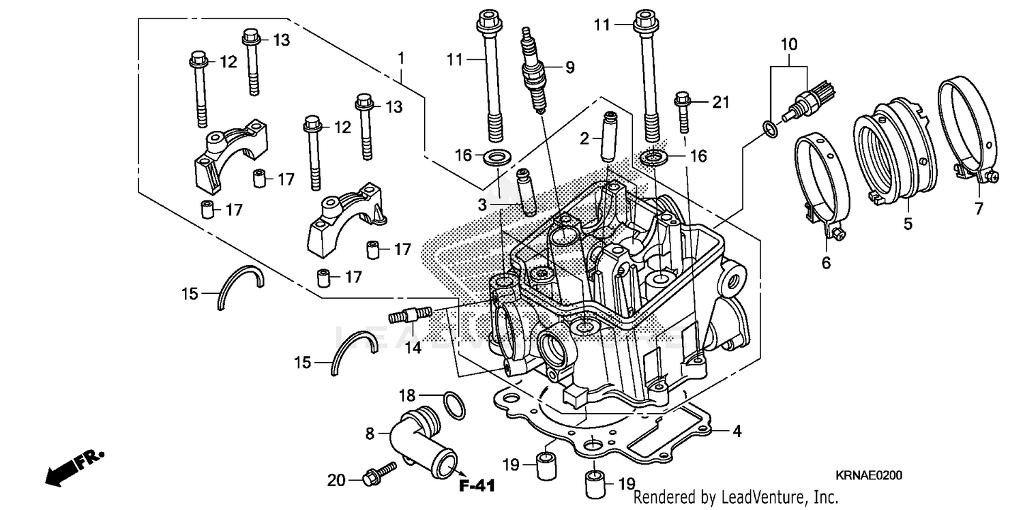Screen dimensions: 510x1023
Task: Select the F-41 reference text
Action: click(x=477, y=486)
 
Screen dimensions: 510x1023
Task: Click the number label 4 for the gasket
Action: click(x=737, y=432)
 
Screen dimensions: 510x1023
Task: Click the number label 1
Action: click(x=402, y=58)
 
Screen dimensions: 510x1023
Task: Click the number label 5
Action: click(x=908, y=223)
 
